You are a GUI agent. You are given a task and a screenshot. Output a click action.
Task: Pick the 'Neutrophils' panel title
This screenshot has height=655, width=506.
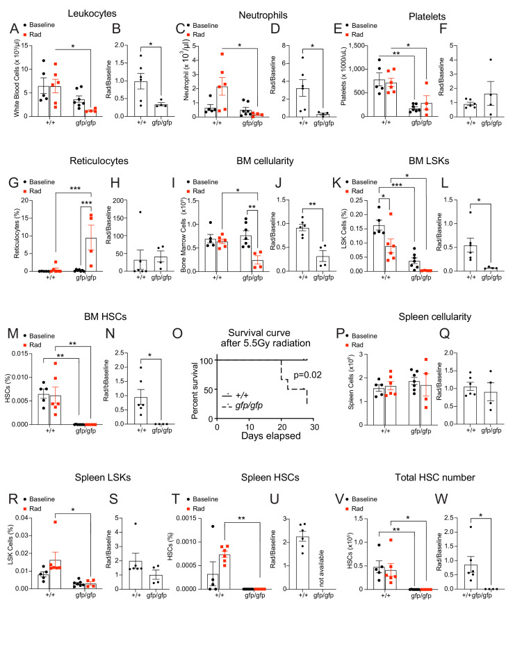tap(243, 14)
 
